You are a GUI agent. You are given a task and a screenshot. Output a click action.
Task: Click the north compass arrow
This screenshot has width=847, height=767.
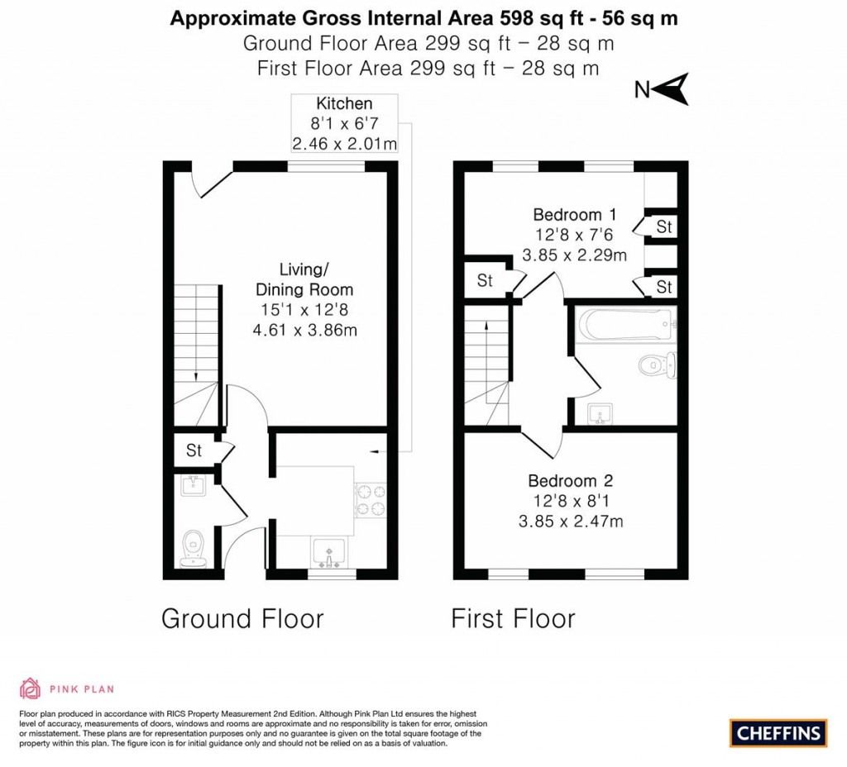675,89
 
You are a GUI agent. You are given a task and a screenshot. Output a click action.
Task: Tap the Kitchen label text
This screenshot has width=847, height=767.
344,104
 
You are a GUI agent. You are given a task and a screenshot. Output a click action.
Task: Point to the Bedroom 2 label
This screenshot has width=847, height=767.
571,481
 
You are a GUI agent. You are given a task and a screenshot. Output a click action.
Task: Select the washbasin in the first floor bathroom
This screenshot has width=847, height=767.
601,413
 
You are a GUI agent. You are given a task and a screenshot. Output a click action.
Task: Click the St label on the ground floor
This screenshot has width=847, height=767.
194,451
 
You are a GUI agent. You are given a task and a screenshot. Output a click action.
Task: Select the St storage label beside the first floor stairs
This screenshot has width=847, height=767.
485,281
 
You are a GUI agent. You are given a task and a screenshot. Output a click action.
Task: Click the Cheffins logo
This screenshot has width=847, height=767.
778,732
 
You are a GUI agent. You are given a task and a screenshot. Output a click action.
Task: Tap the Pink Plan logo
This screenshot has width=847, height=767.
66,688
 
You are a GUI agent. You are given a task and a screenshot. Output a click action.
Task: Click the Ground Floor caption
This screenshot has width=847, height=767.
242,618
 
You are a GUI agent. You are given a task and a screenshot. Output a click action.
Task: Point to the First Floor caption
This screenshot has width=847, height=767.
513,618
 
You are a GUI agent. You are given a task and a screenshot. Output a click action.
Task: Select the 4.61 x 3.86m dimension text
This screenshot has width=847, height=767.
304,330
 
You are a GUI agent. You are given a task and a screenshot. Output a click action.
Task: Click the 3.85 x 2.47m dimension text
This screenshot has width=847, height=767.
571,521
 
